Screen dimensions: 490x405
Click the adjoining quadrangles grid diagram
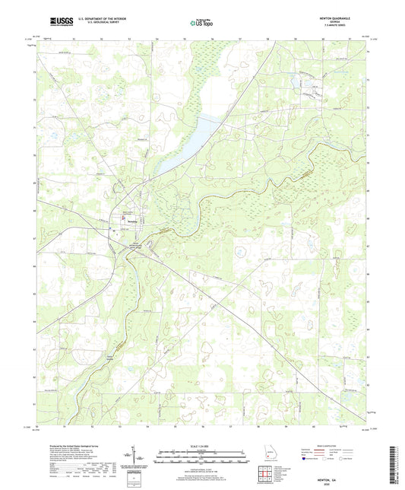[266, 476]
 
